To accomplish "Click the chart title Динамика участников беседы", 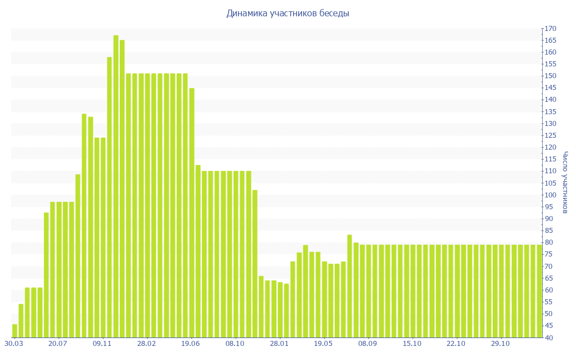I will point(287,13).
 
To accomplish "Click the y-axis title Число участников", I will point(565,182).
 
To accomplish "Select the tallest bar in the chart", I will point(116,186).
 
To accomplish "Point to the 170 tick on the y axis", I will point(550,29).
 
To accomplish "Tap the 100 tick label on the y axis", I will point(550,195).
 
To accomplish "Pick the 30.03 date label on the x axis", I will point(13,343).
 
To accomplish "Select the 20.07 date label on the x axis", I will point(58,343).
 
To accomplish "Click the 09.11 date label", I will point(102,343).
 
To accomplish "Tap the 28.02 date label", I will point(146,343).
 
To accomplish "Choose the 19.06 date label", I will point(191,343).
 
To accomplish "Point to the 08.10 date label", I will point(235,343).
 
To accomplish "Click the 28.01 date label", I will point(279,343).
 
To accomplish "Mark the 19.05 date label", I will point(323,343).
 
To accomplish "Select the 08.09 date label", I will point(367,343).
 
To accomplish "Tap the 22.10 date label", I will point(456,343).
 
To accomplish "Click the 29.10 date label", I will point(500,343).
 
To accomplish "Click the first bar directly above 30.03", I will point(15,331).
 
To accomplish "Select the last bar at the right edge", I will point(539,291).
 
